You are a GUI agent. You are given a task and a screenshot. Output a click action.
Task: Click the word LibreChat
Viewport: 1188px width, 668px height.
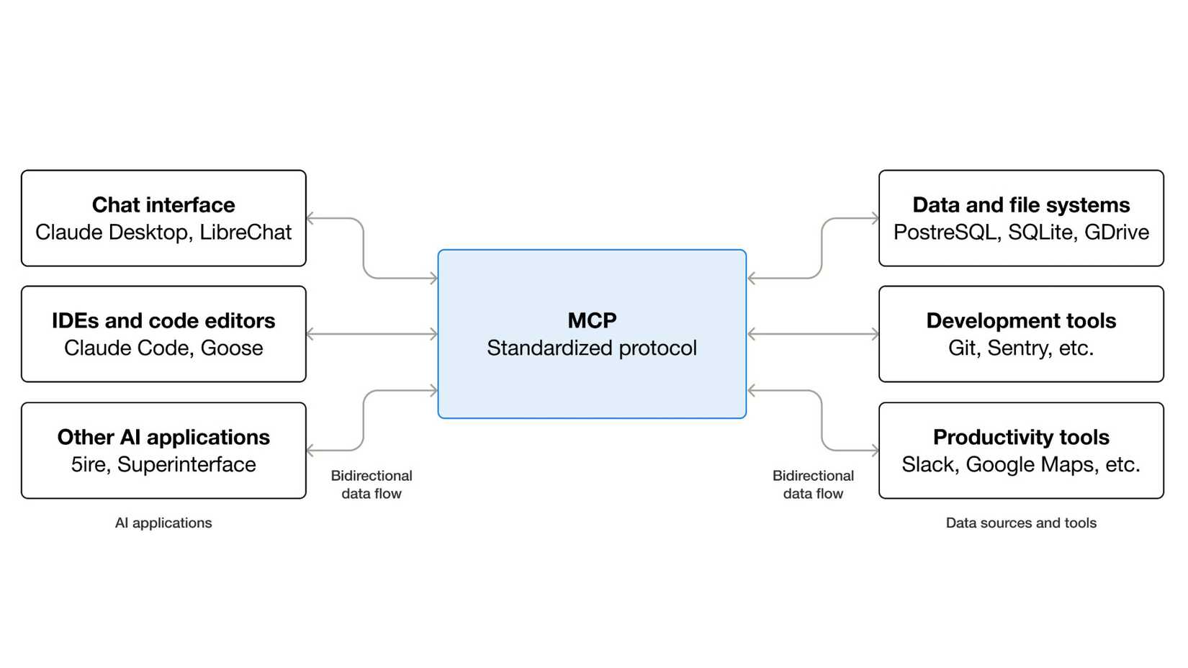pyautogui.click(x=246, y=233)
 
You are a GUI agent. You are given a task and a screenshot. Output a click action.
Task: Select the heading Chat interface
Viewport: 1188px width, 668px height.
pyautogui.click(x=163, y=205)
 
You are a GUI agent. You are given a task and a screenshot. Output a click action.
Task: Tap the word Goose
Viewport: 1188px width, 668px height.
pyautogui.click(x=231, y=348)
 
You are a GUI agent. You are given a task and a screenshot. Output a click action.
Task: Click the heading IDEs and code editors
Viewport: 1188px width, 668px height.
pyautogui.click(x=163, y=321)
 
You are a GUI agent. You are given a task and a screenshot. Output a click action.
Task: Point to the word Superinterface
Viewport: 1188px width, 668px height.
pyautogui.click(x=186, y=465)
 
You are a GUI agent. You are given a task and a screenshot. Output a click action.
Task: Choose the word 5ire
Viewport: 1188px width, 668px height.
pyautogui.click(x=89, y=465)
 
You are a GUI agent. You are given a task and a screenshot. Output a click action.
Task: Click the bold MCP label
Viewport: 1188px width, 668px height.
pyautogui.click(x=592, y=320)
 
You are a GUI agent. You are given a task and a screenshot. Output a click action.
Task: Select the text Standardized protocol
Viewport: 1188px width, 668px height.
pyautogui.click(x=592, y=348)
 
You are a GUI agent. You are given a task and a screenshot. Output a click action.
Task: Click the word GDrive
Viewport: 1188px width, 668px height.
pyautogui.click(x=1116, y=233)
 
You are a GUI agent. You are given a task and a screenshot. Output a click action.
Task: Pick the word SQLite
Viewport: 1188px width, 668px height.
pyautogui.click(x=1040, y=233)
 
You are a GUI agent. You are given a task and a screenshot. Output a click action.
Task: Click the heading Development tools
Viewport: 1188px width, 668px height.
pyautogui.click(x=1021, y=321)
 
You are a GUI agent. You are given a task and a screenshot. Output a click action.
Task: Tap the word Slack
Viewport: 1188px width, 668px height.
pyautogui.click(x=927, y=465)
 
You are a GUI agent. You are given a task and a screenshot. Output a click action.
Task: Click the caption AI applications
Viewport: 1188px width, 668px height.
pyautogui.click(x=163, y=523)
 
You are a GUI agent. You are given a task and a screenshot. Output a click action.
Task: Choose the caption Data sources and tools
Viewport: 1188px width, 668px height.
pyautogui.click(x=1021, y=523)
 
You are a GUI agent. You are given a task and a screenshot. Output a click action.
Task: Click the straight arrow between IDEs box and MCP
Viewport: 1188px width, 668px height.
pyautogui.click(x=372, y=334)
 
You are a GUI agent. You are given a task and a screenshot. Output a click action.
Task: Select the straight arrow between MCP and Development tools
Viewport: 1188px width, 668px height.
pyautogui.click(x=813, y=334)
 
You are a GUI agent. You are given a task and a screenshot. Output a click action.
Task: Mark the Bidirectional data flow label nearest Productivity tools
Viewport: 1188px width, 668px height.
pyautogui.click(x=813, y=484)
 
